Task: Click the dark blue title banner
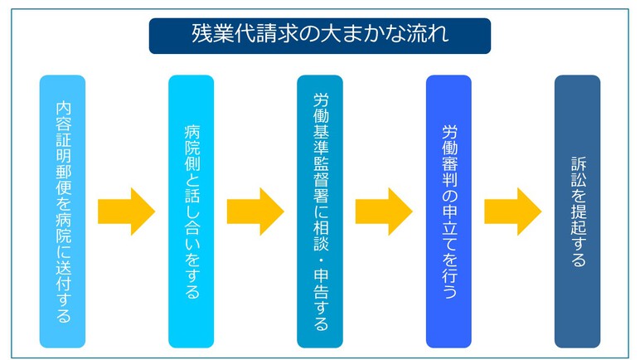320,36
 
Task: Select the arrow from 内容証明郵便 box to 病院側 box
127,212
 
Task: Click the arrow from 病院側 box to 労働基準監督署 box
255,212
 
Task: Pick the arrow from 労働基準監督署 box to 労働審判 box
384,212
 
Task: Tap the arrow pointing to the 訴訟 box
513,212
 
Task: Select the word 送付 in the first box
63,276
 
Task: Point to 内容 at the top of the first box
63,116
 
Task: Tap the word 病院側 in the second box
192,148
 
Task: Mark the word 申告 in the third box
321,285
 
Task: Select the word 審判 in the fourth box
450,172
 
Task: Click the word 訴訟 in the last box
579,172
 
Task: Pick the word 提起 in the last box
579,221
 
